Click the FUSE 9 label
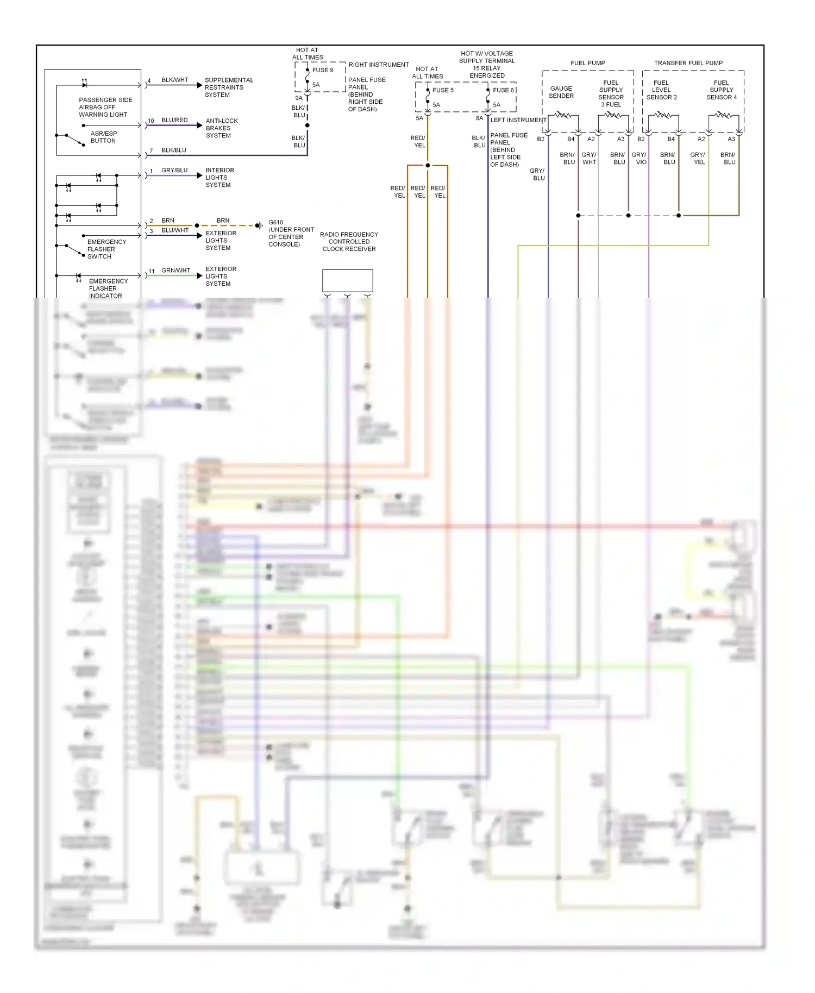(322, 70)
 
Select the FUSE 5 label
(442, 90)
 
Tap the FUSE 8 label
(503, 90)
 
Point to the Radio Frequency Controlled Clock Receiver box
(347, 280)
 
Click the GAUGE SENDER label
(561, 92)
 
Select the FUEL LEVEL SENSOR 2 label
(661, 90)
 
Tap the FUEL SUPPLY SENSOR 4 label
(721, 90)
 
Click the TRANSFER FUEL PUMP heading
(688, 63)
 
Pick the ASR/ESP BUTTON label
(103, 137)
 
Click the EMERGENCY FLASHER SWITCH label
(106, 249)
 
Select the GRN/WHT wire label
(175, 270)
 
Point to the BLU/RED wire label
(174, 120)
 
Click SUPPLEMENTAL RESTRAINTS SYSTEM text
(228, 87)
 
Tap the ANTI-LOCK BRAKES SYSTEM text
(221, 128)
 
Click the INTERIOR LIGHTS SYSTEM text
(219, 178)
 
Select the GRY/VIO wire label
(640, 159)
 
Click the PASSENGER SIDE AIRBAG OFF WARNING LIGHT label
(105, 107)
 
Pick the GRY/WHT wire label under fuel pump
(589, 159)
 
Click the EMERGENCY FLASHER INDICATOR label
(108, 288)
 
